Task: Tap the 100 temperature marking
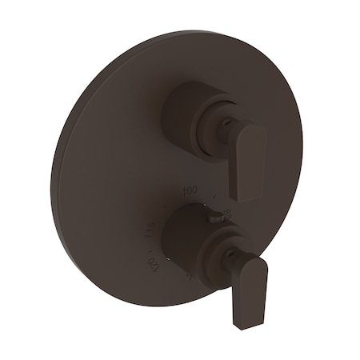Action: pos(190,190)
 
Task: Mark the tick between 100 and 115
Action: pos(166,206)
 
